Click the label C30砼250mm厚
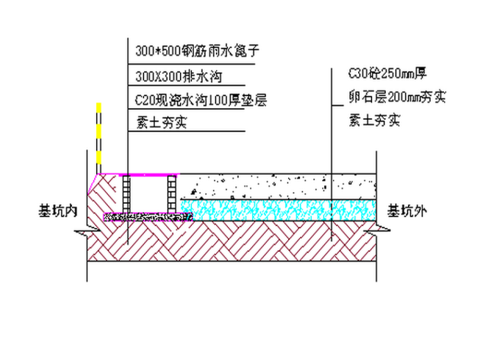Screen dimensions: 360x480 (389, 73)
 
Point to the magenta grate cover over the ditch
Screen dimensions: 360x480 (148, 174)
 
